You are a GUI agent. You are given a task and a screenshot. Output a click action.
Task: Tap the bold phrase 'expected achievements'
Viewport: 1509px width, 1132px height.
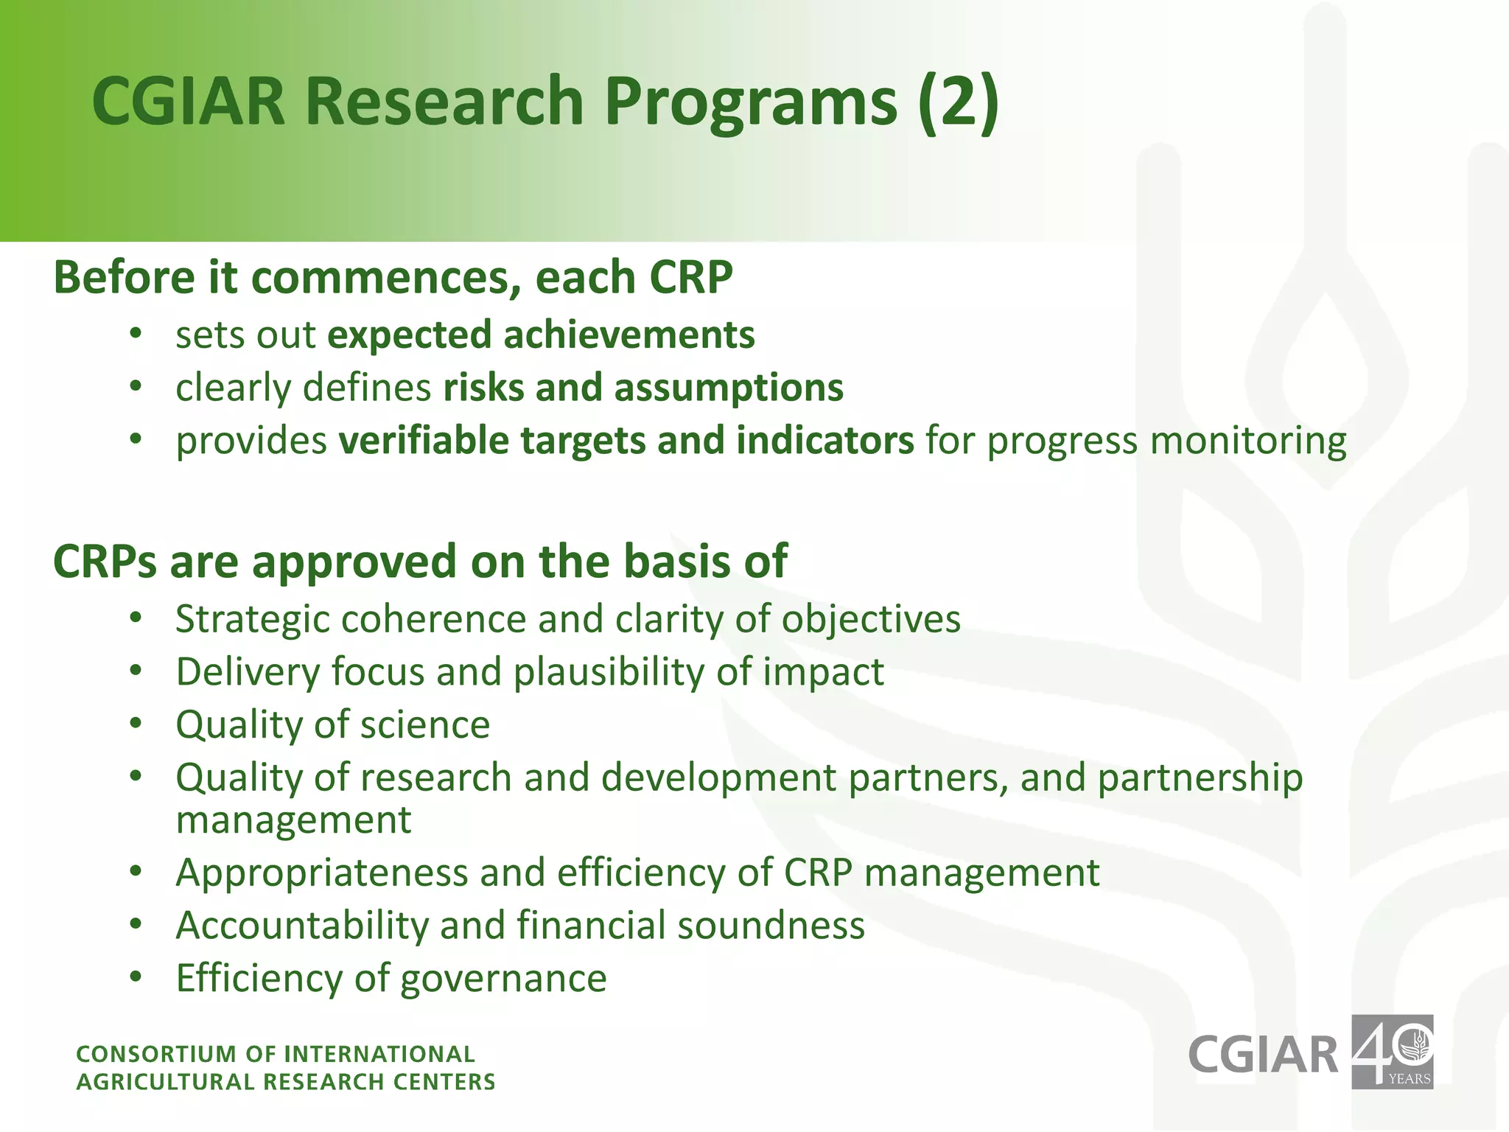point(541,335)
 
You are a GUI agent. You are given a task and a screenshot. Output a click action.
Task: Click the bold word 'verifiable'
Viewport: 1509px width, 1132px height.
point(423,441)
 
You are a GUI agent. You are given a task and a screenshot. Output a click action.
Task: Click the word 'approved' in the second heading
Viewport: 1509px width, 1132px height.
point(346,562)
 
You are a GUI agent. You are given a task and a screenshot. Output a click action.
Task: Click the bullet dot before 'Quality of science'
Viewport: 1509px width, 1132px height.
point(135,724)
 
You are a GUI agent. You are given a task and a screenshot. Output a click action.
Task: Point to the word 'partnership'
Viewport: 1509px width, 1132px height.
point(1200,779)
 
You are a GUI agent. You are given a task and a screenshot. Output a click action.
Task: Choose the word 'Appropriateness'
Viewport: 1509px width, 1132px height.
point(321,873)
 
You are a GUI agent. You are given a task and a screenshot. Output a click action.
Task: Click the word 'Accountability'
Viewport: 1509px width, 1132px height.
point(302,926)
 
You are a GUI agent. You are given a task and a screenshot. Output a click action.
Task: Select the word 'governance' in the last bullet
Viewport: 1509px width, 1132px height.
point(503,979)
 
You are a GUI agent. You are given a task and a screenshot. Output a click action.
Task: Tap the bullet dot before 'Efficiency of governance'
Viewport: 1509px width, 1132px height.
point(135,977)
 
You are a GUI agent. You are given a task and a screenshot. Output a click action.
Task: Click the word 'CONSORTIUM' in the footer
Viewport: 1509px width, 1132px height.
point(157,1055)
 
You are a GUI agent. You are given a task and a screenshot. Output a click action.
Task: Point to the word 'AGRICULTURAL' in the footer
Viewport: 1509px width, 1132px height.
point(165,1082)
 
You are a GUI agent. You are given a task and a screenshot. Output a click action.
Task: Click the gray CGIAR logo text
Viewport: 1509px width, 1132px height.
point(1263,1055)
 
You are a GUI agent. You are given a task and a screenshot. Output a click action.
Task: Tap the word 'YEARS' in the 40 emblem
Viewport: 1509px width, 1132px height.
point(1408,1079)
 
